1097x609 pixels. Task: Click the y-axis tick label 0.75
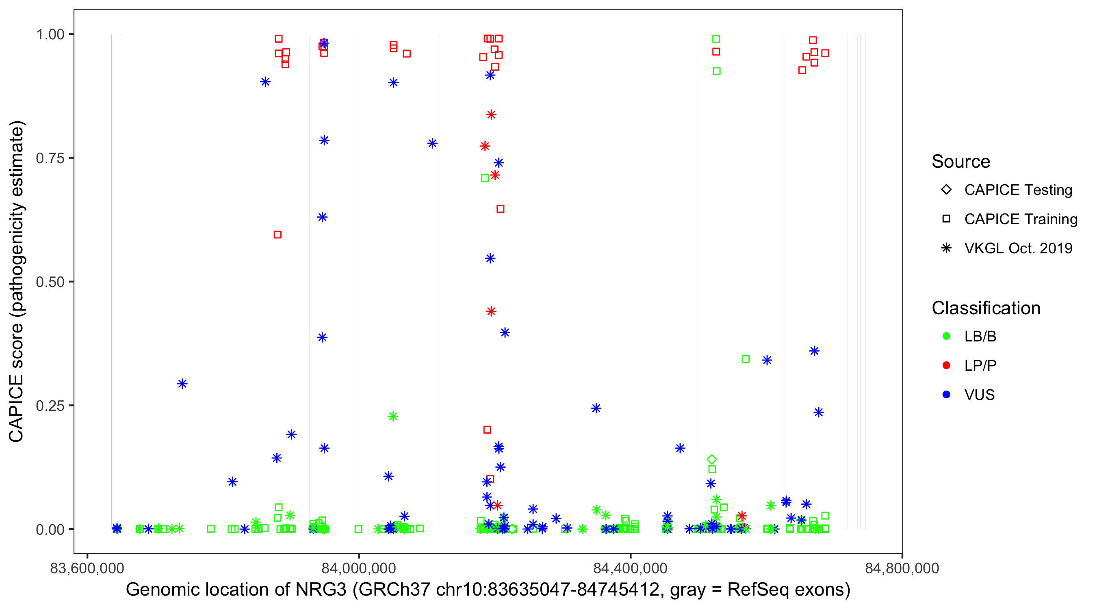coord(50,158)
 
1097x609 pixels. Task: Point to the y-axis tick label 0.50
coord(50,282)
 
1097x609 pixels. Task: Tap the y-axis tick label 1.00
coord(50,34)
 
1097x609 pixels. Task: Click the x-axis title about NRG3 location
coord(488,590)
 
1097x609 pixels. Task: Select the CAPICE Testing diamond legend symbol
coord(946,189)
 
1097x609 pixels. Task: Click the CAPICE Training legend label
coord(1021,219)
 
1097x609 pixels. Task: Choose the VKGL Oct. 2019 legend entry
coord(1018,248)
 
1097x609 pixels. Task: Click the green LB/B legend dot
coord(946,336)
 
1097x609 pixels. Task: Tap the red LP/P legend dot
coord(946,365)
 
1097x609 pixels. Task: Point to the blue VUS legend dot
coord(946,395)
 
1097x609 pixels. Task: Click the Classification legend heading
coord(986,308)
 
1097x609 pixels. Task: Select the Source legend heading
coord(961,161)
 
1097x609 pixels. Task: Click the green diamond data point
coord(711,459)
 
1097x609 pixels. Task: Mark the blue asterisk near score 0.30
coord(182,384)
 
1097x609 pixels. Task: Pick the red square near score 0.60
coord(278,235)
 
